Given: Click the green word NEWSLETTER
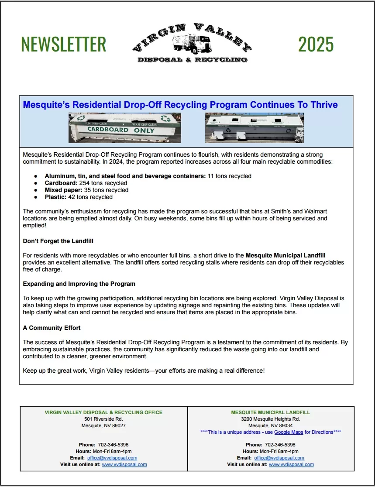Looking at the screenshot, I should [x=63, y=44].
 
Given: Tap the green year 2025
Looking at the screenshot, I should [x=316, y=44].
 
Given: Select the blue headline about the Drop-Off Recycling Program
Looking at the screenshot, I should [x=180, y=105].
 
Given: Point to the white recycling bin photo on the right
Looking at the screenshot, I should [x=255, y=128].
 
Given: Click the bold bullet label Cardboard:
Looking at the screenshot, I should [x=61, y=183].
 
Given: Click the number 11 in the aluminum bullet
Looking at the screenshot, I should [x=211, y=176].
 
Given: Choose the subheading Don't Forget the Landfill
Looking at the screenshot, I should [x=58, y=241].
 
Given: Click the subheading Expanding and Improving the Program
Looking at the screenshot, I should [x=79, y=284].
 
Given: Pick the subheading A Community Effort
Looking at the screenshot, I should [x=52, y=328].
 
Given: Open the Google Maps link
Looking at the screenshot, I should [x=289, y=432].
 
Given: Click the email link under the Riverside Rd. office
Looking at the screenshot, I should [x=112, y=458].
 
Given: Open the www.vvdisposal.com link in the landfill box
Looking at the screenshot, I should [x=291, y=464].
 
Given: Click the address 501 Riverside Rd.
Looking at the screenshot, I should [x=103, y=419].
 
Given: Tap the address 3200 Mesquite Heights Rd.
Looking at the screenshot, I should [x=270, y=419].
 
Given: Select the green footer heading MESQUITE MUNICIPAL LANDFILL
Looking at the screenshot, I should [x=270, y=412].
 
